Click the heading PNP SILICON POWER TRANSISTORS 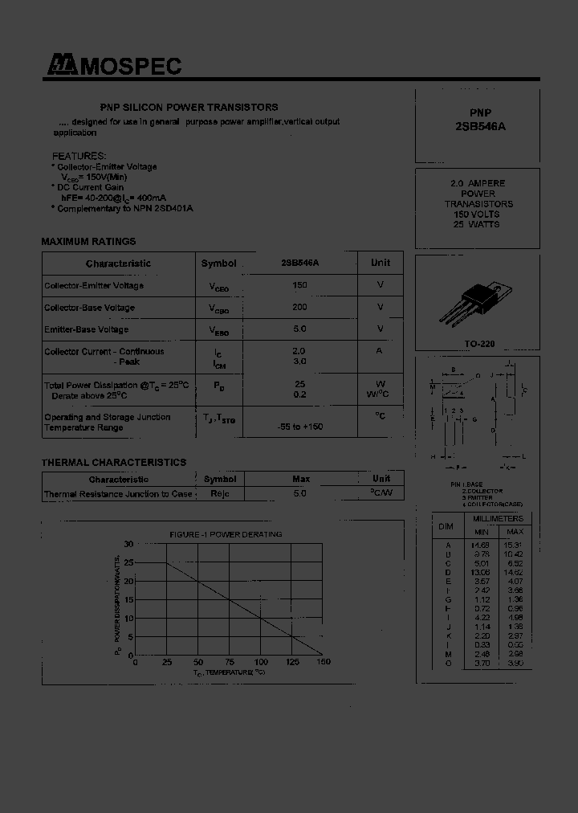click(189, 107)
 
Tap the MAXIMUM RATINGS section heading click(88, 241)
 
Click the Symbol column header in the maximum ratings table click(218, 264)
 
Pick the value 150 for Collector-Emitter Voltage click(299, 285)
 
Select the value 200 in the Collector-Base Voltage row click(299, 307)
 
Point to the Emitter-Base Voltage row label click(86, 329)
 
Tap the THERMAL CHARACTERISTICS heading click(113, 462)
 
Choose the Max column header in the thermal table click(301, 479)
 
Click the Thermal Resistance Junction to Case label click(118, 494)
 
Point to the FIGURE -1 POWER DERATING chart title click(226, 534)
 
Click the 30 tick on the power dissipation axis click(128, 544)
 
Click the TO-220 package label click(480, 344)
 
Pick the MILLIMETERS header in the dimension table click(498, 519)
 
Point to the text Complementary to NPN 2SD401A click(125, 208)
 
